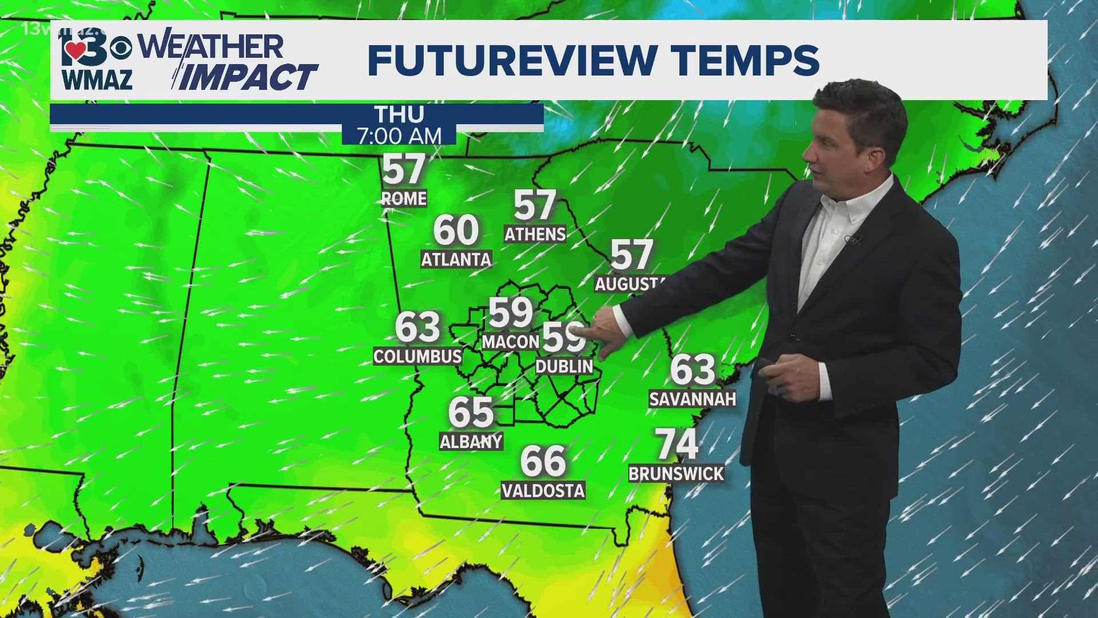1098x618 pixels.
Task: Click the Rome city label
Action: click(404, 199)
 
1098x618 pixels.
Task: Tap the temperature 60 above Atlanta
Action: click(456, 230)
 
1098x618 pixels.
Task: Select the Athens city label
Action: click(535, 234)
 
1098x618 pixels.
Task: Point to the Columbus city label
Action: click(417, 356)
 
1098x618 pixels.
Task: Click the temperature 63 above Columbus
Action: click(417, 327)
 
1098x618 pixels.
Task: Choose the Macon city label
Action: click(510, 342)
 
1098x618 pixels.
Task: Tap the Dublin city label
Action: click(564, 366)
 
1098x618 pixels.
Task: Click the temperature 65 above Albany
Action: click(471, 412)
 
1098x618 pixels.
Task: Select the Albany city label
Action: click(471, 441)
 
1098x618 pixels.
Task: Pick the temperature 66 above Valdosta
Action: click(543, 461)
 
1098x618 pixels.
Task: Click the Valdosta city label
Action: click(543, 490)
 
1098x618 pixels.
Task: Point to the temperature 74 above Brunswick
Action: click(677, 444)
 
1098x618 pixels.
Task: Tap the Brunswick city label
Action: click(676, 474)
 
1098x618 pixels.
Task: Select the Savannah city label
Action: click(692, 399)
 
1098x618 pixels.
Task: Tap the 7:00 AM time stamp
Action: click(399, 136)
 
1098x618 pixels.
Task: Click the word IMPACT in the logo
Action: click(246, 77)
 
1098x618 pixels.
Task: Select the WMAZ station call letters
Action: click(97, 80)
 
